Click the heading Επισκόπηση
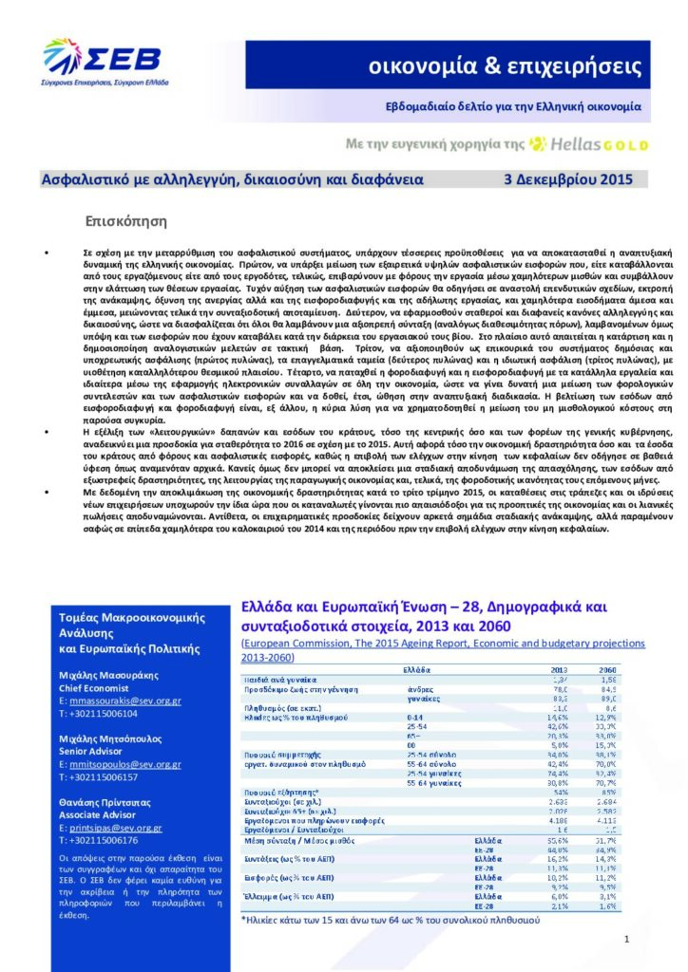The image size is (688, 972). [126, 222]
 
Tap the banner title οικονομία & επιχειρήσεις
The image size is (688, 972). [506, 66]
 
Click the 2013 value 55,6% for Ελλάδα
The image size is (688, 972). [558, 839]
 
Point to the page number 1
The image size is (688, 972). [628, 939]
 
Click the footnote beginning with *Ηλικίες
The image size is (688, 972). [390, 919]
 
